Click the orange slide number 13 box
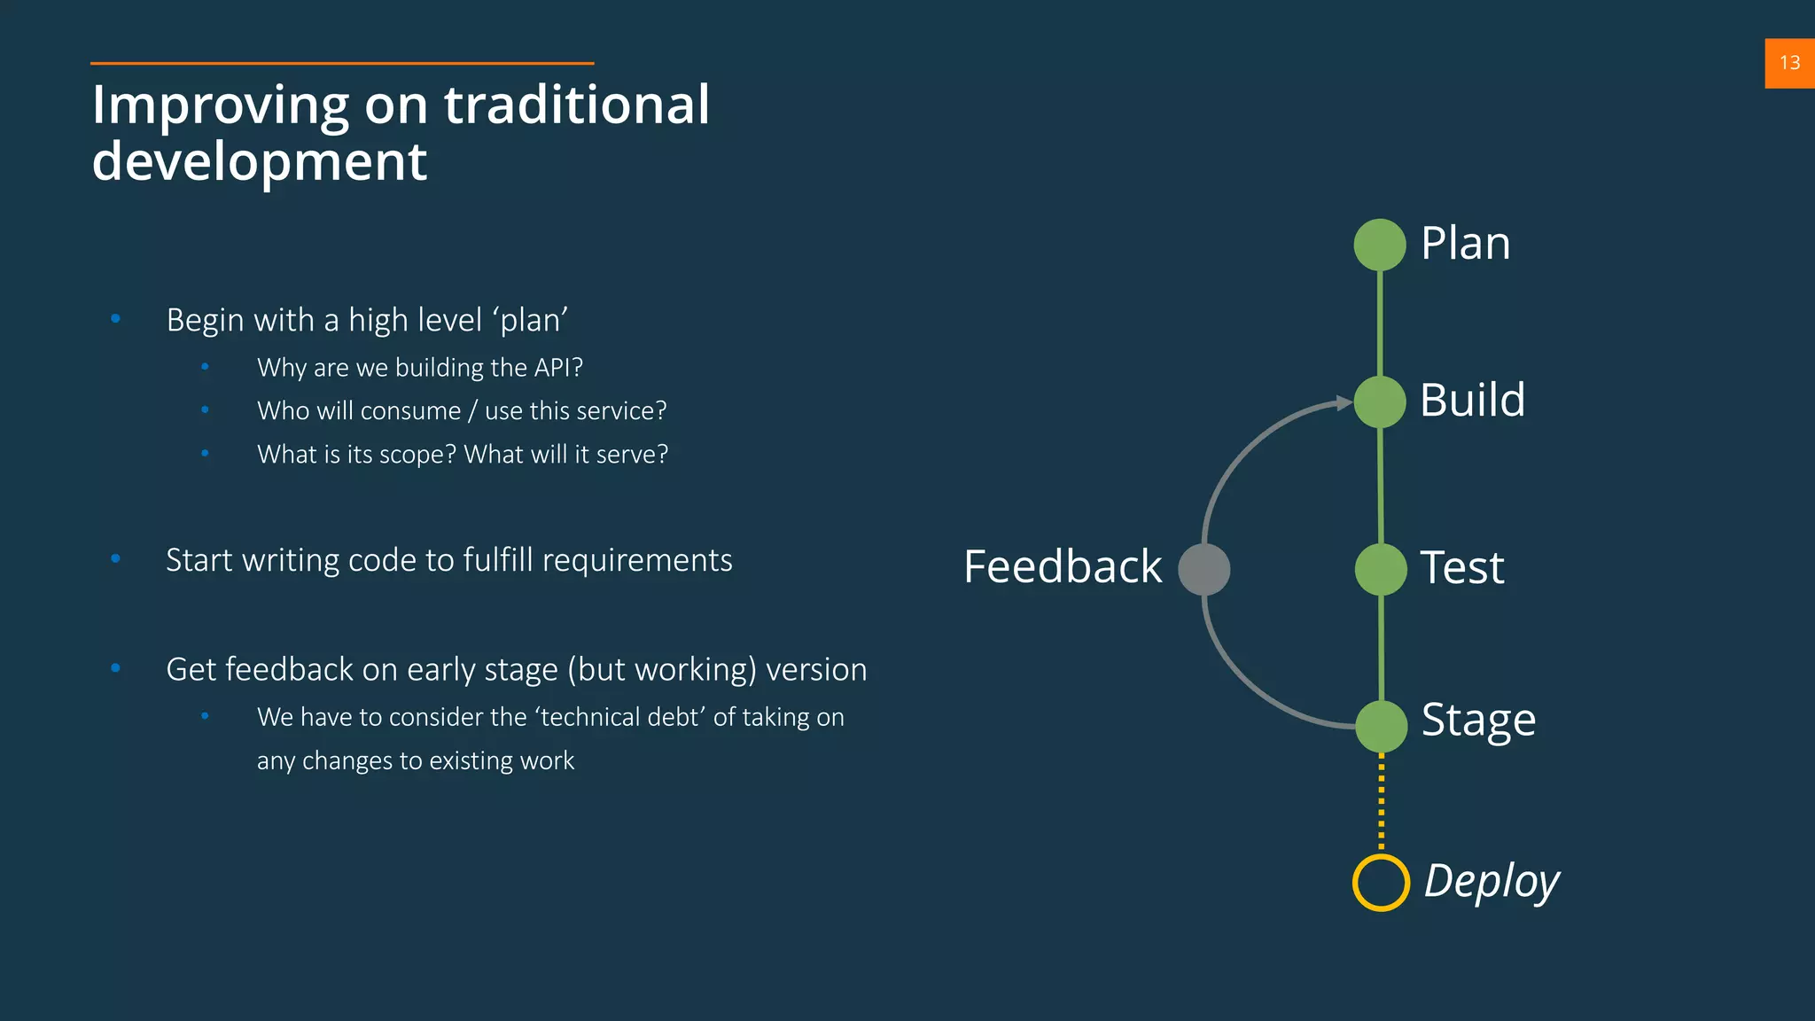coord(1789,63)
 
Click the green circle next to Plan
coord(1380,245)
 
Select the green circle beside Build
coord(1380,401)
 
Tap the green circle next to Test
coord(1381,569)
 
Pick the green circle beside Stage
coord(1381,726)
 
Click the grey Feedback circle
coord(1204,569)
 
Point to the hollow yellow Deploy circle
coord(1381,883)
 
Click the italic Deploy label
coord(1492,881)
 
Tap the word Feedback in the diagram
coord(1063,567)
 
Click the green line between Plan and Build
coord(1380,323)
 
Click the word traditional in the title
coord(577,105)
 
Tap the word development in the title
coord(260,161)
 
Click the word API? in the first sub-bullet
coord(558,368)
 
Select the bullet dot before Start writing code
coord(115,558)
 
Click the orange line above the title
coord(342,63)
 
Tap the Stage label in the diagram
coord(1478,720)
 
